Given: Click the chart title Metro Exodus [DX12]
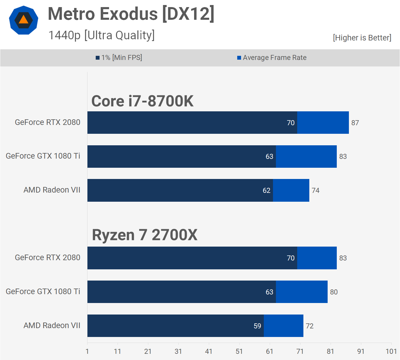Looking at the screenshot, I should click(131, 14).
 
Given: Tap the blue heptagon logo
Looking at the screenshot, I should click(24, 20).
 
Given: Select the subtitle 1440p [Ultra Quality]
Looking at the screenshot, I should click(101, 35).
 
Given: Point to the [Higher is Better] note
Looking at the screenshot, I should click(362, 38).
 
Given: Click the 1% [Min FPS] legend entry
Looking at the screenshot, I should click(119, 58).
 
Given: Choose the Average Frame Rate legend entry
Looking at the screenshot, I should click(272, 58).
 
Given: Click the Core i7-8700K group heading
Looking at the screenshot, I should click(142, 101).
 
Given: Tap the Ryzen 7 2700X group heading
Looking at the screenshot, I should click(144, 235).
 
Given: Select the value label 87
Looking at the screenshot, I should click(355, 123).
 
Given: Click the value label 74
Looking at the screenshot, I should click(316, 190).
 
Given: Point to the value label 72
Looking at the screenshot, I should click(310, 326).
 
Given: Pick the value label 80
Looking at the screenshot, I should click(334, 292).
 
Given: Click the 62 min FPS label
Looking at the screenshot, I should click(266, 190).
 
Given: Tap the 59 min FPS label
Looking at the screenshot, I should click(257, 326).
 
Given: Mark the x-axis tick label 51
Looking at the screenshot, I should click(239, 351).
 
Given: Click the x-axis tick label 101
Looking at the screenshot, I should click(391, 351).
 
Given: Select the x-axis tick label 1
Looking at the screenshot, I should click(87, 351).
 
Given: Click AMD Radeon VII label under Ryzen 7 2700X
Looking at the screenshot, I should click(52, 325).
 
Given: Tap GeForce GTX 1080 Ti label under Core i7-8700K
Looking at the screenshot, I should click(43, 156).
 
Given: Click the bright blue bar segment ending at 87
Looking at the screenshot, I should click(323, 123).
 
